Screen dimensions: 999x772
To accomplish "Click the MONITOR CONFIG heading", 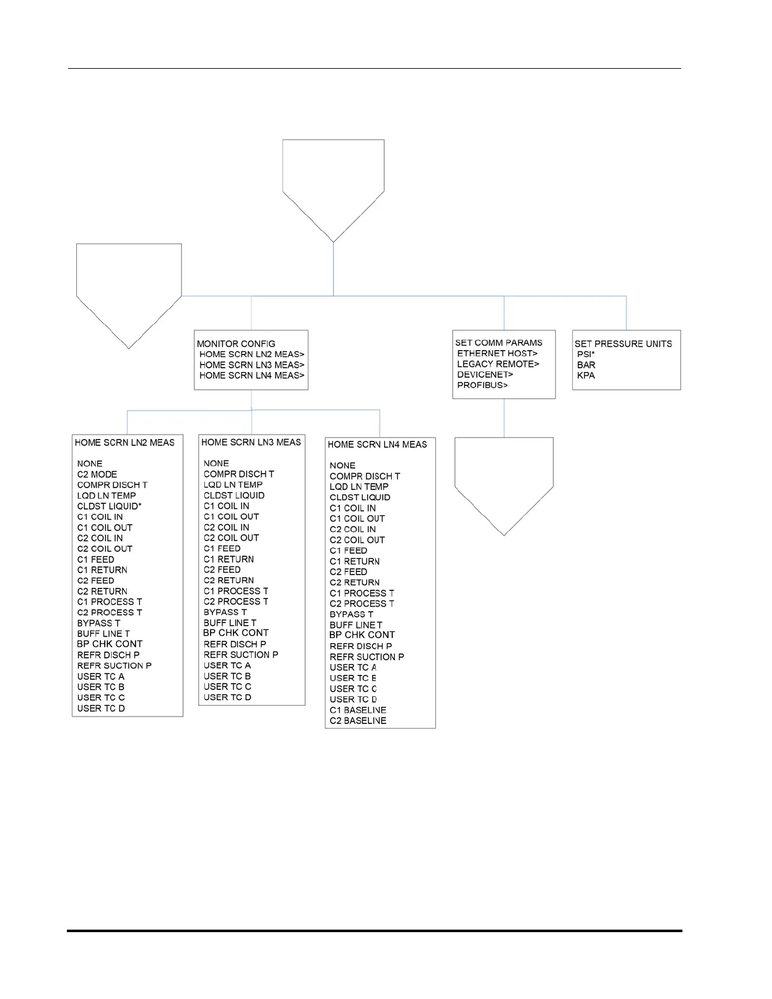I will (x=236, y=344).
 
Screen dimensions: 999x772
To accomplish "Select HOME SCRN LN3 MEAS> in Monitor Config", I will (x=252, y=365).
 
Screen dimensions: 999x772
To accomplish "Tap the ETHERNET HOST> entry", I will (x=497, y=353).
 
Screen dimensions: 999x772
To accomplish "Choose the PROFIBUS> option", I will (x=482, y=385).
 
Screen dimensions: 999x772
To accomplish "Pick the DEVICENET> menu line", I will (x=485, y=375).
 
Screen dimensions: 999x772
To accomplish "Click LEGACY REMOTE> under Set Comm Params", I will (x=498, y=364).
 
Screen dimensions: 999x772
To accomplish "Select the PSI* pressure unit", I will (x=586, y=354).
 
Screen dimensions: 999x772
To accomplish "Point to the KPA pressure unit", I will (x=586, y=375).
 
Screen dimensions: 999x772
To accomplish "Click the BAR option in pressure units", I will (x=586, y=365).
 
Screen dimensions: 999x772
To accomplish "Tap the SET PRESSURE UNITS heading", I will (x=623, y=344).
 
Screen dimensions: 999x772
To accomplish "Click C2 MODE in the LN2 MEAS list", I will (x=97, y=474).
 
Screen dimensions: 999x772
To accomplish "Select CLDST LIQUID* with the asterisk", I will (x=109, y=506).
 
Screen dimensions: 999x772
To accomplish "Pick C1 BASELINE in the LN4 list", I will (x=358, y=710).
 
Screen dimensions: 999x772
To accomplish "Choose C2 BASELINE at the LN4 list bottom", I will (x=358, y=720).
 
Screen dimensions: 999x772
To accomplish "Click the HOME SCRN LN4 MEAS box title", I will (x=377, y=445).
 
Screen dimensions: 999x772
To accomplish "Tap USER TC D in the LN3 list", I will (x=227, y=697).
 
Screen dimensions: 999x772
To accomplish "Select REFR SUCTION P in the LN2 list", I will (x=114, y=665).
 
